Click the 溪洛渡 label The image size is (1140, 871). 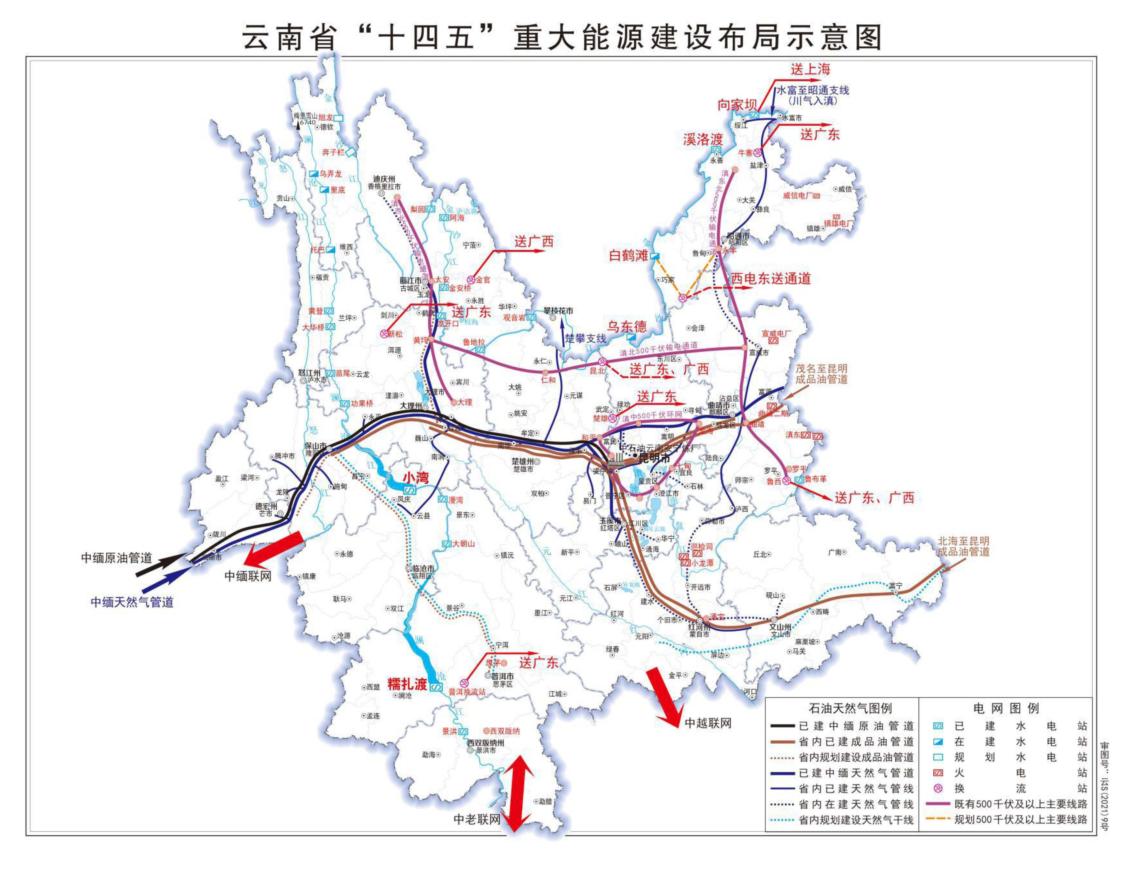pos(703,139)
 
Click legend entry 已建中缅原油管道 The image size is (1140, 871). pos(856,726)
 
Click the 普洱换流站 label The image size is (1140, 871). pos(467,692)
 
